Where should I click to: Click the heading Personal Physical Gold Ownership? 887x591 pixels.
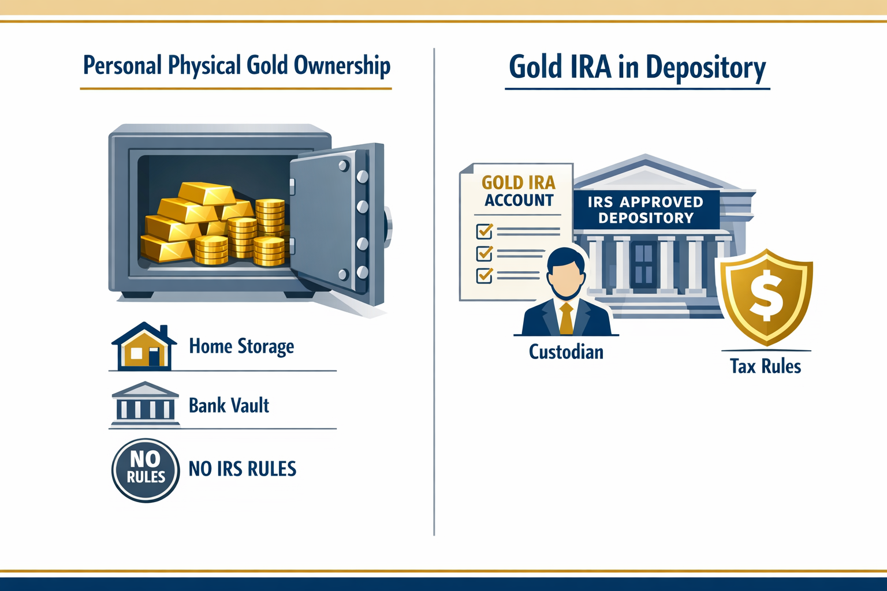point(236,65)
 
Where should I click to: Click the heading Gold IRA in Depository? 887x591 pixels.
point(637,67)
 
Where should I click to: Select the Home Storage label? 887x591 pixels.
point(241,346)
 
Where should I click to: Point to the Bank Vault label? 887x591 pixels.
point(229,406)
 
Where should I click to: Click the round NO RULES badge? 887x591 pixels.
point(146,469)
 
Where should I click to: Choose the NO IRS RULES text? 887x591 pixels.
point(243,469)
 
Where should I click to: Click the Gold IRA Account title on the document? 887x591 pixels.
point(519,191)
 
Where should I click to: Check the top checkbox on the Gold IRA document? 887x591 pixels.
point(484,231)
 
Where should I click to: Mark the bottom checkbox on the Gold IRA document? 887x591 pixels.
point(484,275)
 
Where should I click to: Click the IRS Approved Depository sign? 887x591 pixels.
point(646,210)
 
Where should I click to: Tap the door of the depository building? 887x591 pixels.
point(643,265)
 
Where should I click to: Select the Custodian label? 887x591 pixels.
point(566,352)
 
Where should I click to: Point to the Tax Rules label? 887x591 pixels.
point(765,366)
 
